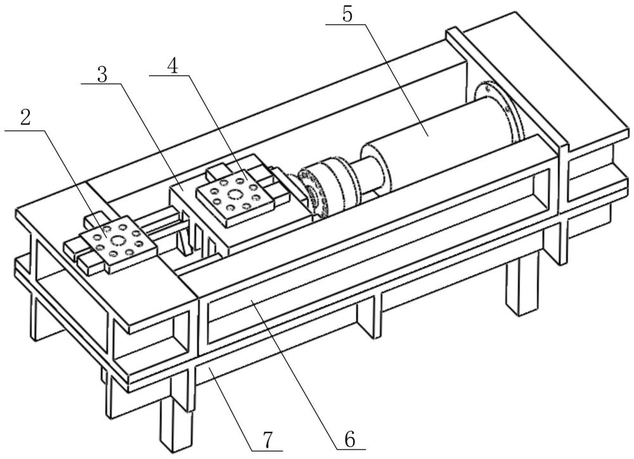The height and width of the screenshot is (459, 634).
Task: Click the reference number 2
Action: pyautogui.click(x=26, y=118)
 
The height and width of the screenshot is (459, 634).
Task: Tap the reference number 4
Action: pyautogui.click(x=172, y=65)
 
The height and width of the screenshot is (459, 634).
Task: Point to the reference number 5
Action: pyautogui.click(x=347, y=15)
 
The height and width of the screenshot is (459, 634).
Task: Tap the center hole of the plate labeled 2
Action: pyautogui.click(x=118, y=241)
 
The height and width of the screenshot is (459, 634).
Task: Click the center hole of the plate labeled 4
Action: pyautogui.click(x=234, y=195)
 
